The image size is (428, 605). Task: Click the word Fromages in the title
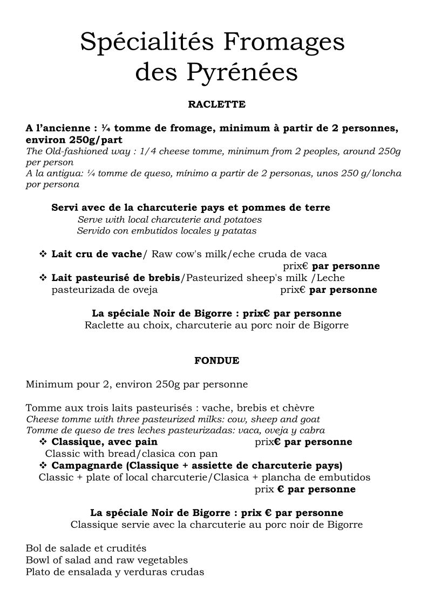pos(284,42)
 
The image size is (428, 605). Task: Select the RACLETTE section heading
pos(216,104)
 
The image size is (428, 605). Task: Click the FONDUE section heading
pos(216,361)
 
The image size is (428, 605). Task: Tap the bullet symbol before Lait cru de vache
pos(43,254)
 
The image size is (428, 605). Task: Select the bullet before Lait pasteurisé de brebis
pos(43,278)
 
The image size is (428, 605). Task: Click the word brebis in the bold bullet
pos(164,278)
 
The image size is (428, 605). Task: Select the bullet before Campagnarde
pos(43,465)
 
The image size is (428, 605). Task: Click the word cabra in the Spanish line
pos(311,430)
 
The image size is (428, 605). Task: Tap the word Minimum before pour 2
pos(49,384)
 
